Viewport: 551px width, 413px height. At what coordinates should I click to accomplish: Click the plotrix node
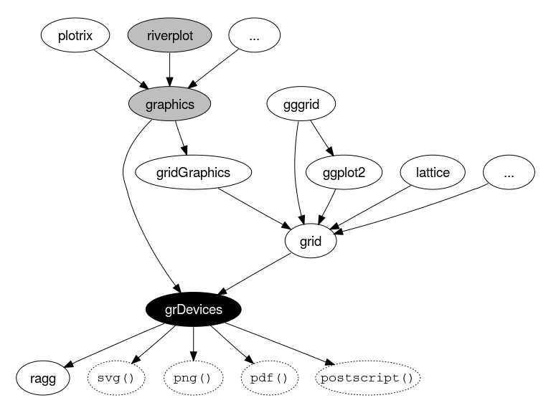75,35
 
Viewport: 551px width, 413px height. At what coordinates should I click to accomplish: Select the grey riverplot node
170,35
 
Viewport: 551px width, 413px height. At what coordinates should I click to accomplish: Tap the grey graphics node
170,104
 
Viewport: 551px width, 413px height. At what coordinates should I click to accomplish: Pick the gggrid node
301,104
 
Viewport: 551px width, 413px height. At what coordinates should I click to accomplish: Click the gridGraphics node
193,172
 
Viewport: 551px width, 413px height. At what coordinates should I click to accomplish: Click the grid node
311,241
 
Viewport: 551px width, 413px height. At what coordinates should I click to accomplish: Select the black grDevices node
193,310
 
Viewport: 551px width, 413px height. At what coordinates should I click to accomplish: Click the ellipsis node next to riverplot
254,35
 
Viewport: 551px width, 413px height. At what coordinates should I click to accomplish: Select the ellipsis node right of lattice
509,172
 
